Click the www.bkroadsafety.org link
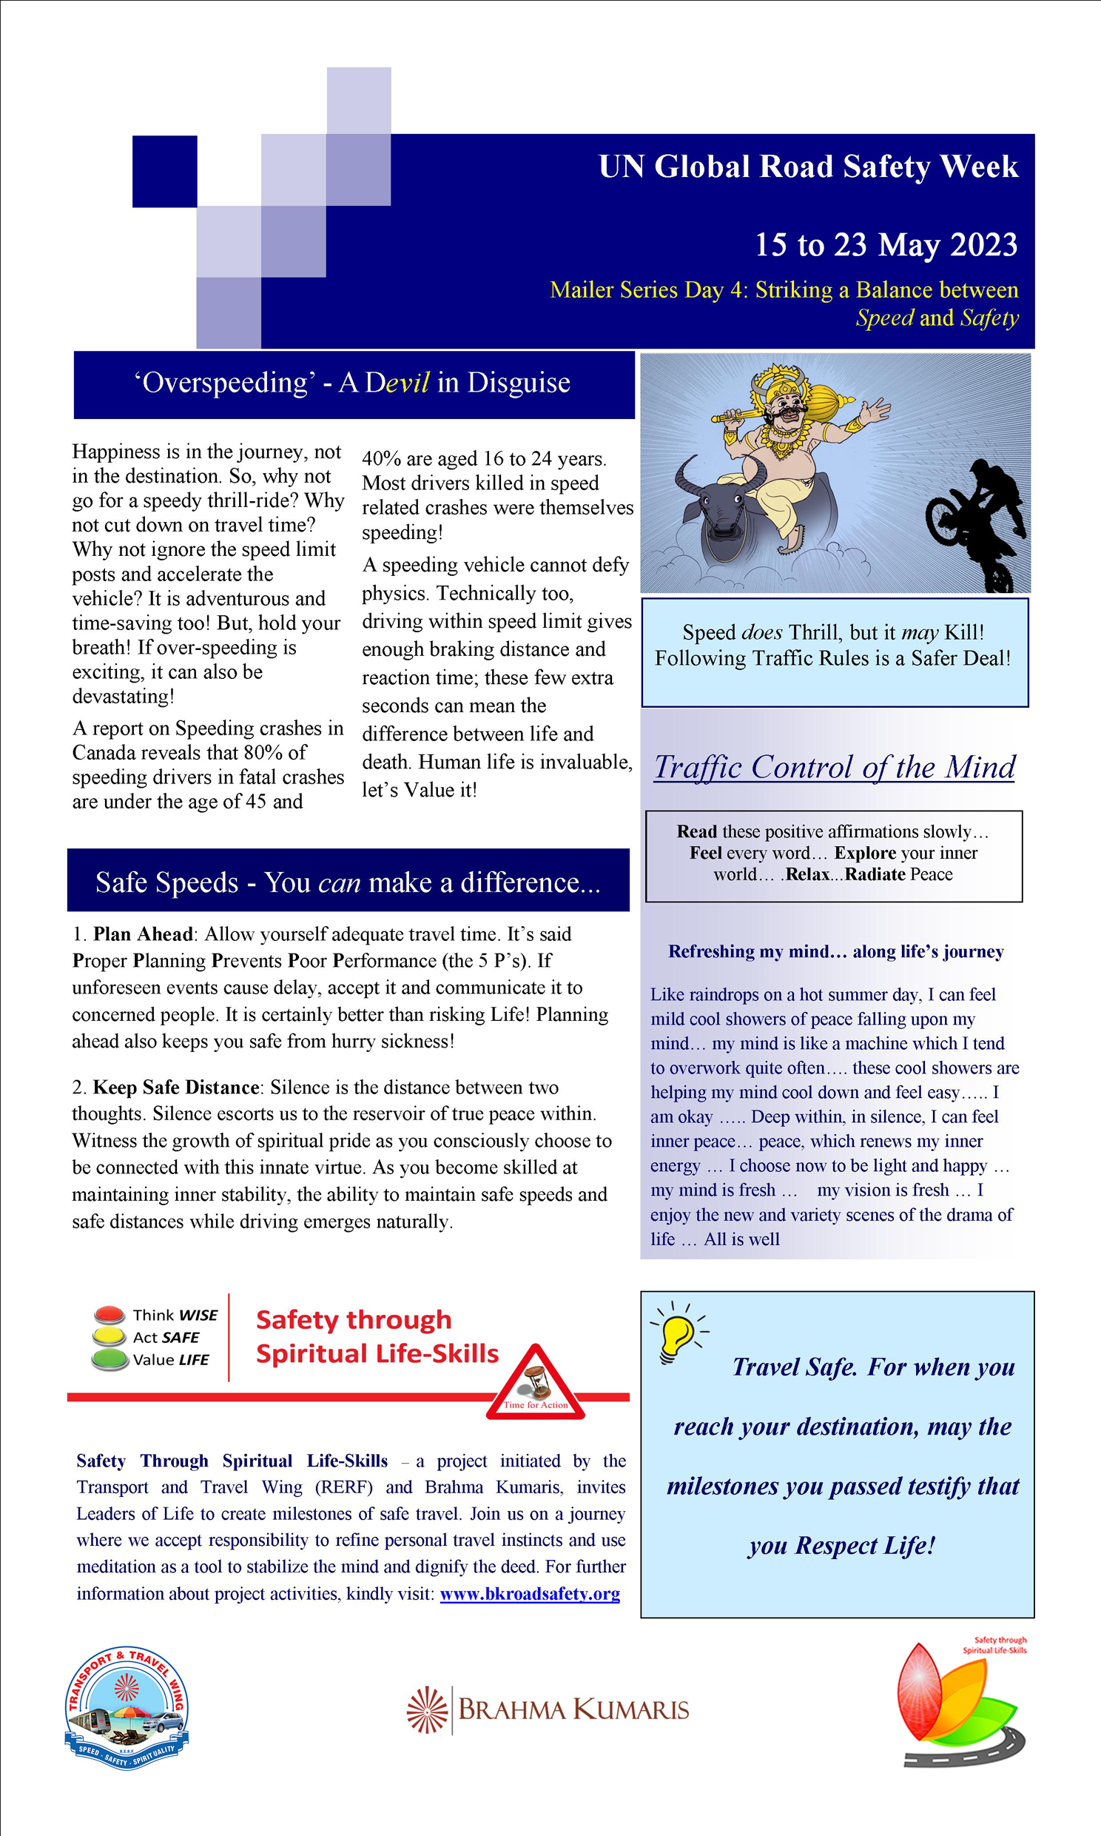pyautogui.click(x=530, y=1593)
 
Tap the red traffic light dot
pyautogui.click(x=110, y=1313)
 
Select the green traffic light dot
pyautogui.click(x=110, y=1358)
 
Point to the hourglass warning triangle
pyautogui.click(x=536, y=1383)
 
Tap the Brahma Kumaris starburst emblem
pyautogui.click(x=428, y=1710)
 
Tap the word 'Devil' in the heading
pyautogui.click(x=397, y=383)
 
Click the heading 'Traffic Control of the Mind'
pyautogui.click(x=834, y=768)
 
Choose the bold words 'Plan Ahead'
pyautogui.click(x=143, y=934)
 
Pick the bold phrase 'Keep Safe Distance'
pyautogui.click(x=176, y=1088)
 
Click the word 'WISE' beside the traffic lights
pyautogui.click(x=198, y=1315)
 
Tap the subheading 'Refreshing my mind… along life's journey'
pyautogui.click(x=835, y=951)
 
